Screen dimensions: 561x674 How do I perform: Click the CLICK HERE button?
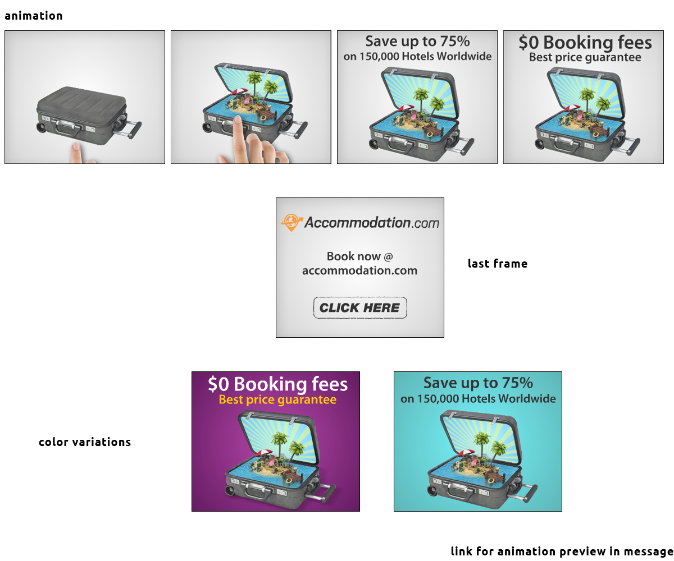359,307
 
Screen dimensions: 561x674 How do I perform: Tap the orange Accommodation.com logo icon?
292,222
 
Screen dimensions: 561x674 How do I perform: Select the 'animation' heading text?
34,16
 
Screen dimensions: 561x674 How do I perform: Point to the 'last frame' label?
497,264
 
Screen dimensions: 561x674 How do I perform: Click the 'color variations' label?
85,442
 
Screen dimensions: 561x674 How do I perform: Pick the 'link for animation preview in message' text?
562,551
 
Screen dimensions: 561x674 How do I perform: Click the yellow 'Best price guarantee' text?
277,400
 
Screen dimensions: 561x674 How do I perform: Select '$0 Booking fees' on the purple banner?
277,384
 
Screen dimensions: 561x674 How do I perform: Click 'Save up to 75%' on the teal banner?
478,383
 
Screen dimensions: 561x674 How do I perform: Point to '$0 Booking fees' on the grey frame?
585,43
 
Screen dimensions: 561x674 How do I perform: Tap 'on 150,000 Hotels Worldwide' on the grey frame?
417,57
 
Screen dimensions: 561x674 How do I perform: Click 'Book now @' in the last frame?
359,256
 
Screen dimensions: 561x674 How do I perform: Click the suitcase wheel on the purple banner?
230,491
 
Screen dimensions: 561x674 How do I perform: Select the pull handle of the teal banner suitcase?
529,494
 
